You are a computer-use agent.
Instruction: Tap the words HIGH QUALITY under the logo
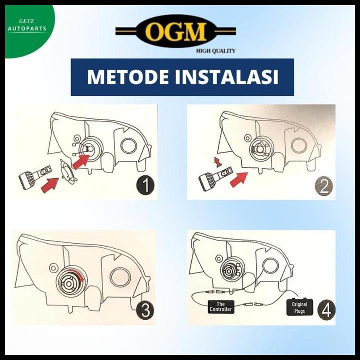(215, 50)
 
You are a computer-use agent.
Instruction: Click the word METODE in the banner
(131, 77)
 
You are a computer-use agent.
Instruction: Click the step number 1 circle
(144, 186)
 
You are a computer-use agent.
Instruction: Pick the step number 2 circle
(323, 186)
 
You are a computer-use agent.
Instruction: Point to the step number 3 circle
(144, 310)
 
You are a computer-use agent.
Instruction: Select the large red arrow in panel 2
(239, 179)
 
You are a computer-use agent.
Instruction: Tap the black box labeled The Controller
(220, 306)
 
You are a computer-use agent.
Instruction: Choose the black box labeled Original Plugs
(300, 306)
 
